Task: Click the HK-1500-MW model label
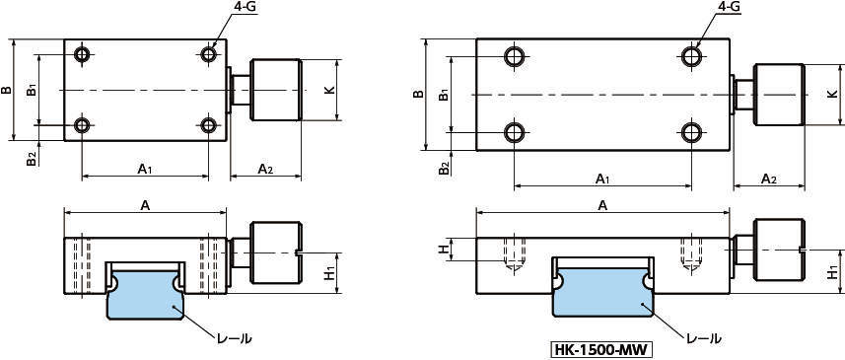pyautogui.click(x=601, y=350)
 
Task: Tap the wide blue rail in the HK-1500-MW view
pyautogui.click(x=604, y=291)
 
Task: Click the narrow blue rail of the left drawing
pyautogui.click(x=146, y=294)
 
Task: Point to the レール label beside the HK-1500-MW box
pyautogui.click(x=703, y=338)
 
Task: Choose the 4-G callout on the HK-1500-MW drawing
pyautogui.click(x=727, y=8)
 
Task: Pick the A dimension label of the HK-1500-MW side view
pyautogui.click(x=603, y=205)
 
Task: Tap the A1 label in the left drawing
pyautogui.click(x=144, y=170)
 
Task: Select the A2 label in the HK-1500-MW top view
pyautogui.click(x=768, y=179)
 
